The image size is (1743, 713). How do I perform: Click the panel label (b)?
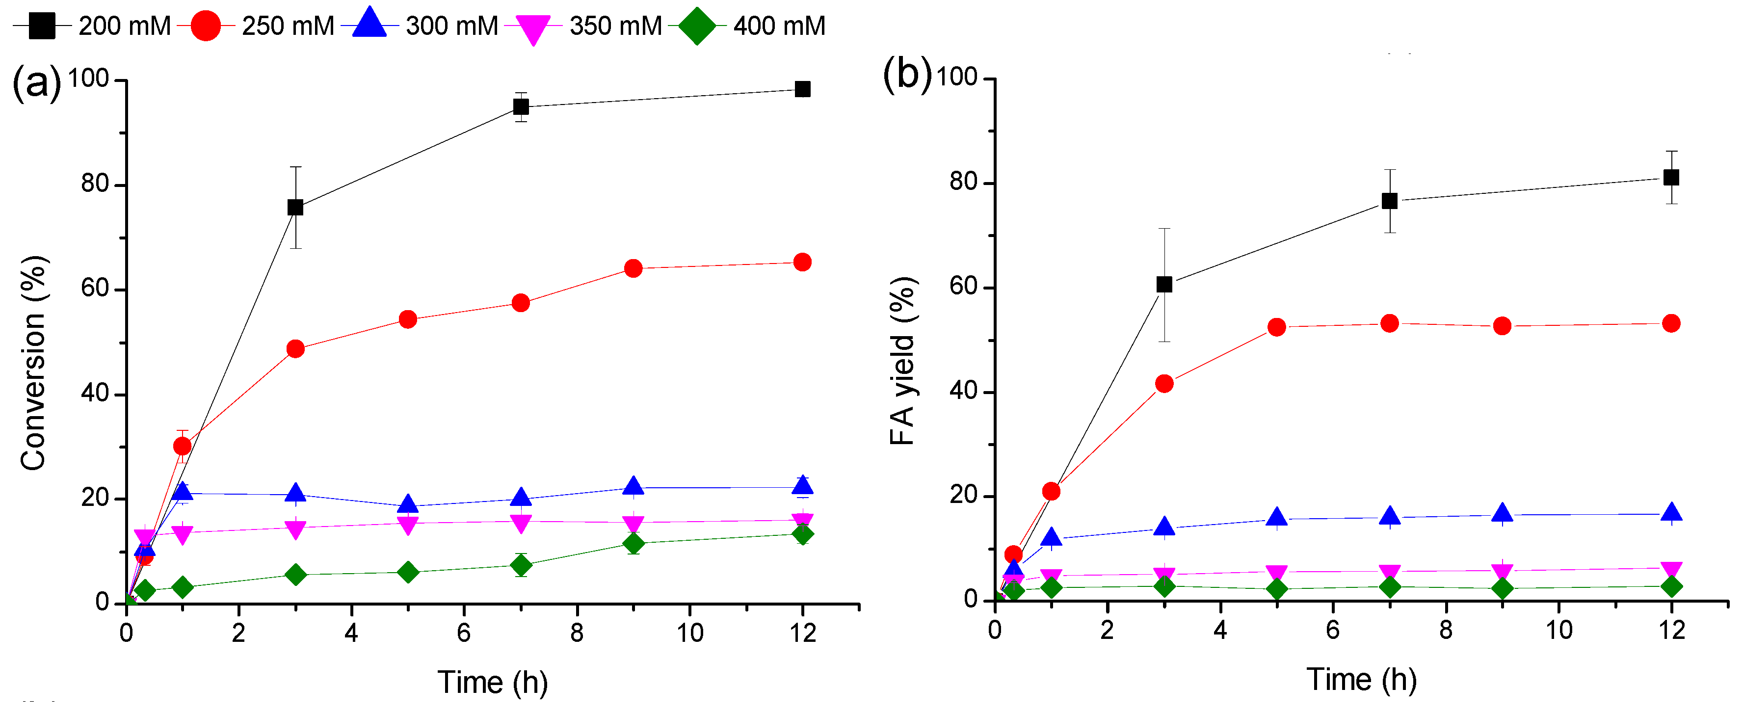907,75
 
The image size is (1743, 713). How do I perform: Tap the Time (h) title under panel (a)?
493,682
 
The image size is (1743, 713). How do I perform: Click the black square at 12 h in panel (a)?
802,89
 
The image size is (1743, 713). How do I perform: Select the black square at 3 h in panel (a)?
295,208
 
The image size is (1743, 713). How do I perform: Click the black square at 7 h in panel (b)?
1389,201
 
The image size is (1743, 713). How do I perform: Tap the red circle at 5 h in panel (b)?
1276,327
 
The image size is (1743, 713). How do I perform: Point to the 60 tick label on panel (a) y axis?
95,289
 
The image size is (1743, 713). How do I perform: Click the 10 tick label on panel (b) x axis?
1559,631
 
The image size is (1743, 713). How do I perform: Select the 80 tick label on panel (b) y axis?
964,183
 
